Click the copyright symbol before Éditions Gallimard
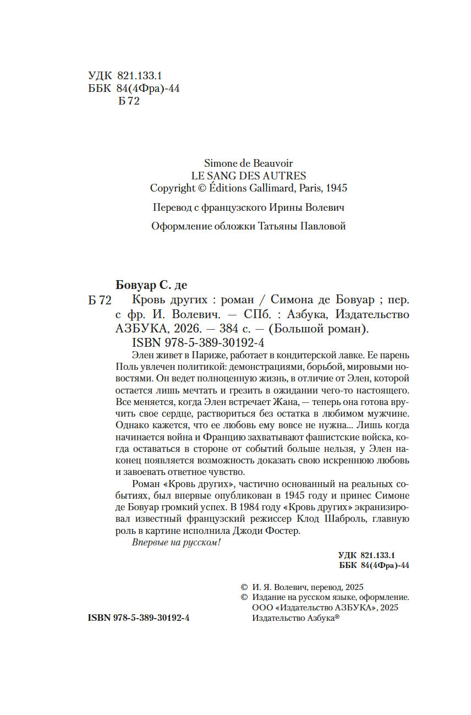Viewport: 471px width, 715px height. pos(189,188)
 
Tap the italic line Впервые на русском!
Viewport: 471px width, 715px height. pos(177,543)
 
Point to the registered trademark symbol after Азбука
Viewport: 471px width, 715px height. pos(337,617)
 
